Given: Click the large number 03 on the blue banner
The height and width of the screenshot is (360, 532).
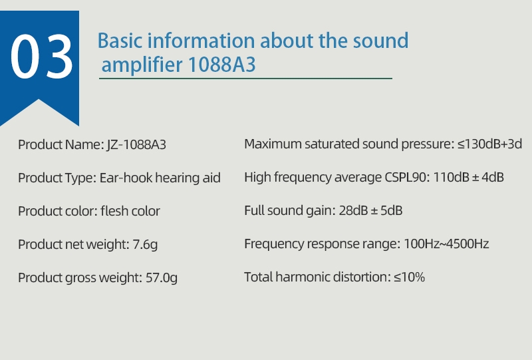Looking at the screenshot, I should (41, 56).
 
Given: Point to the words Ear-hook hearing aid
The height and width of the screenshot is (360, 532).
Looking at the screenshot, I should (160, 178).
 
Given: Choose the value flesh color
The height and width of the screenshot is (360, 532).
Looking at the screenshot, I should (130, 212).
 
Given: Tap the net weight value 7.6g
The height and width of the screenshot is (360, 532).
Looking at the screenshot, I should (145, 245).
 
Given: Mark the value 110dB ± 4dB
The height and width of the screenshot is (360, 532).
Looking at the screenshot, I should (469, 178).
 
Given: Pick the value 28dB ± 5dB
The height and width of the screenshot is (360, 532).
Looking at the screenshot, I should (370, 211).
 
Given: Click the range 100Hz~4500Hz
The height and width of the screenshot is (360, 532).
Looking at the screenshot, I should (446, 244).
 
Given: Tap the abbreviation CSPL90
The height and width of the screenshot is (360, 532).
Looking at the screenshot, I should (406, 178).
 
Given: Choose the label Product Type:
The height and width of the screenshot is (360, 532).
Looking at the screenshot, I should (57, 178).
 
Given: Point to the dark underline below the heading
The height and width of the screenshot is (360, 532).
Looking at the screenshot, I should (245, 79).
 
